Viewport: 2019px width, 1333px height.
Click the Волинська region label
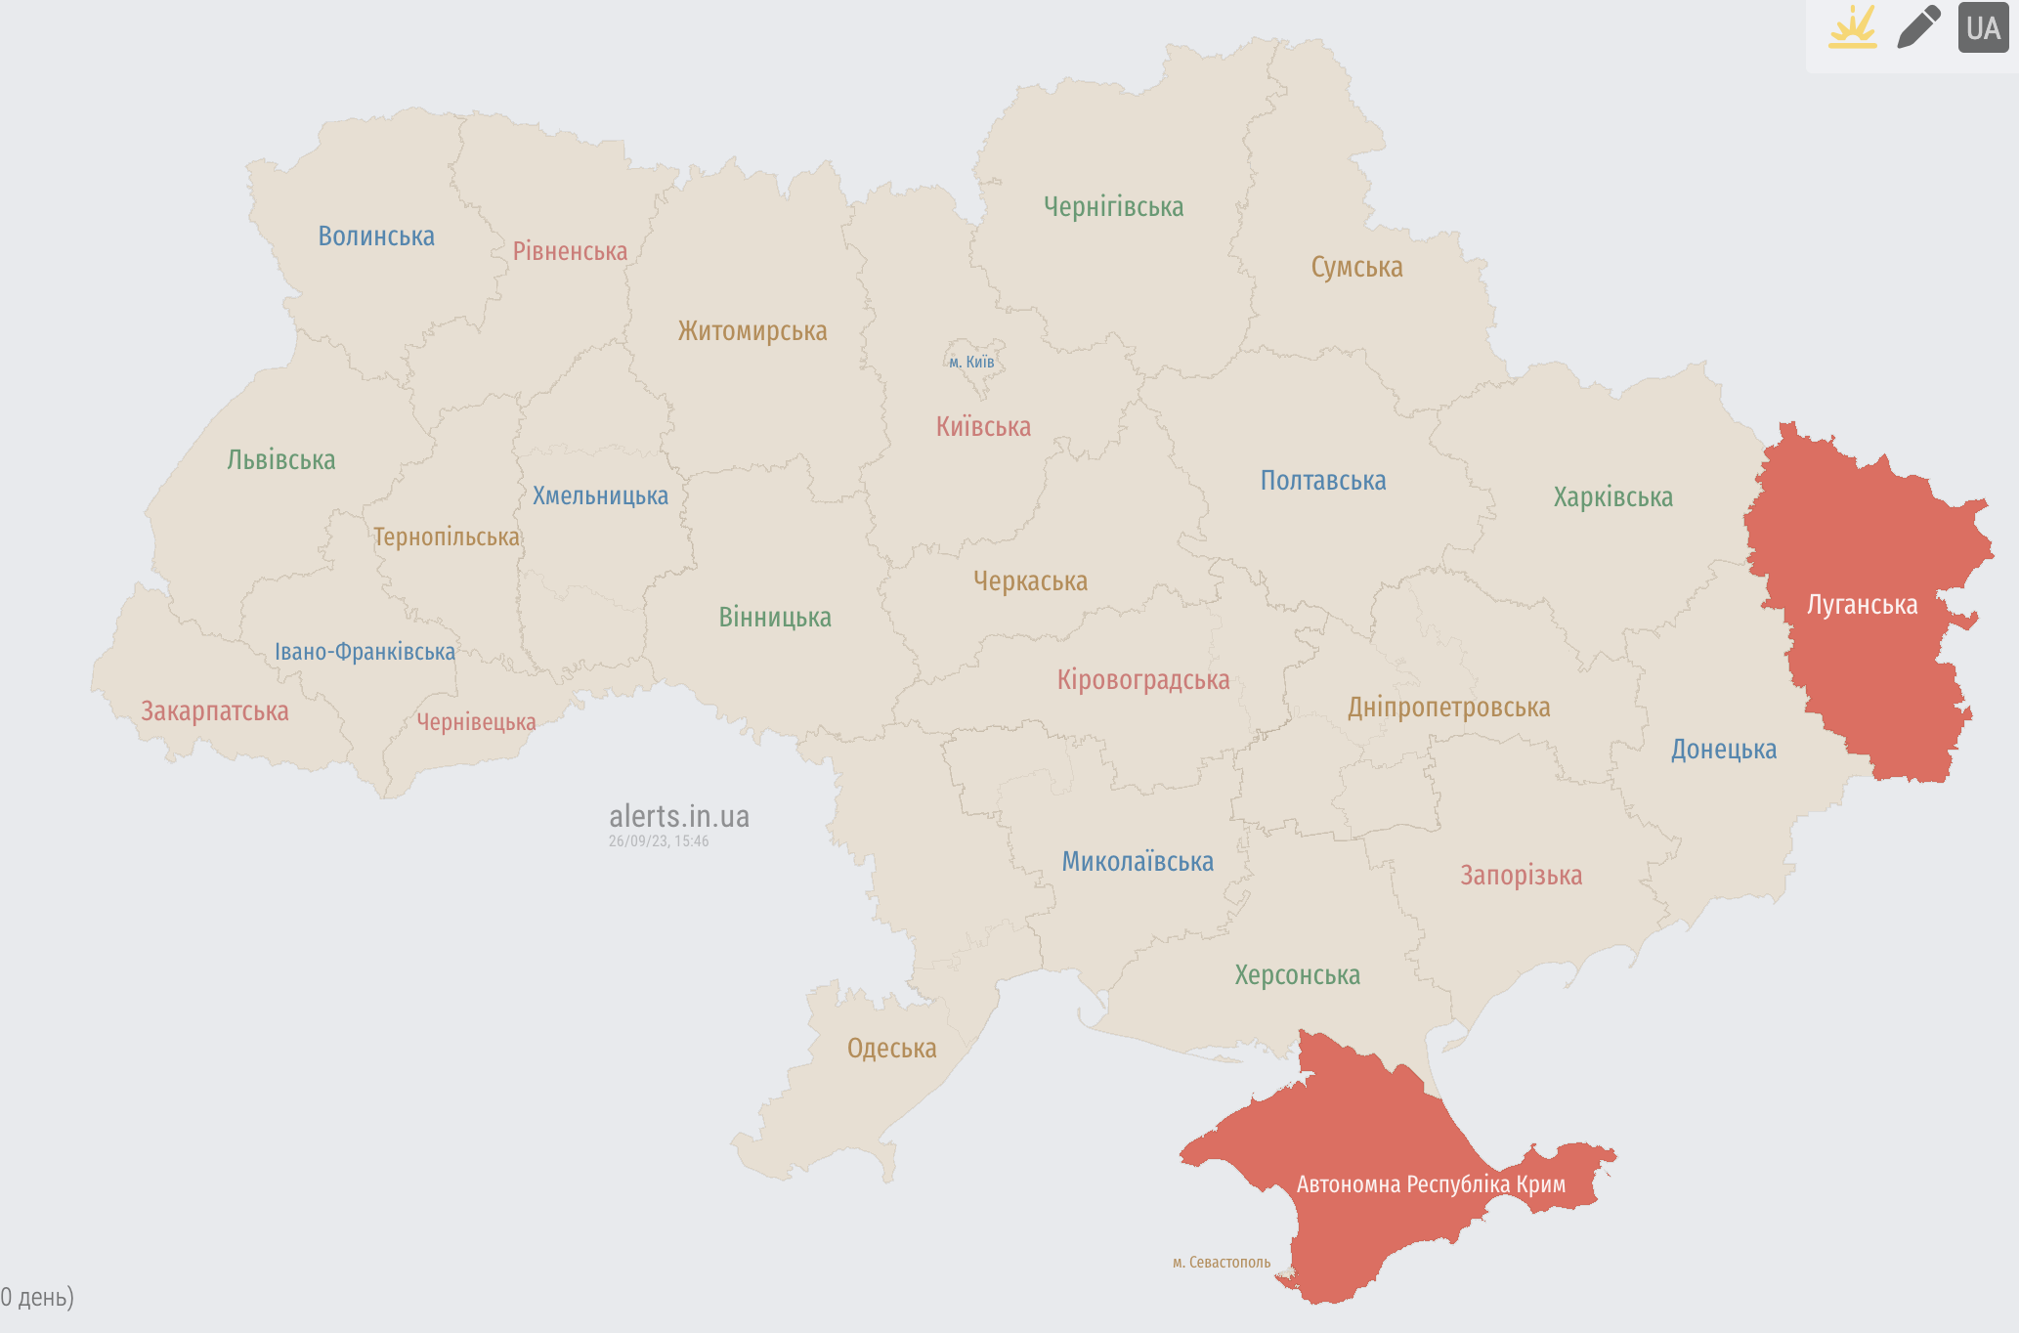(x=376, y=236)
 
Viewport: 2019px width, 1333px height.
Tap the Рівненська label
(x=570, y=252)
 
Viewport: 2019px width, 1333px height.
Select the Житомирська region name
(x=752, y=331)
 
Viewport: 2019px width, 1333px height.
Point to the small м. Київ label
(x=971, y=363)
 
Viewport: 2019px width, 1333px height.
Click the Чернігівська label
(x=1113, y=207)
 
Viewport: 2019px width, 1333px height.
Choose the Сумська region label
(x=1356, y=268)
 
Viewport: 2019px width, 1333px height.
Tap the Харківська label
(x=1612, y=497)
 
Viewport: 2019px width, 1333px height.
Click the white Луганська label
(x=1862, y=605)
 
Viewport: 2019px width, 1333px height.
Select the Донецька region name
(x=1723, y=750)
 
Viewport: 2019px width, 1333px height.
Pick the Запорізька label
(x=1521, y=876)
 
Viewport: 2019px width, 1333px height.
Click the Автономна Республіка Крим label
(x=1431, y=1184)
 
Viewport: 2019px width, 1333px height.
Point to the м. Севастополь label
(x=1222, y=1263)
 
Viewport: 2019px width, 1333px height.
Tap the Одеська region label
(x=891, y=1049)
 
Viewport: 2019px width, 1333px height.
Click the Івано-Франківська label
(x=365, y=652)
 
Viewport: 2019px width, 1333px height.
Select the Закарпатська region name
(x=215, y=711)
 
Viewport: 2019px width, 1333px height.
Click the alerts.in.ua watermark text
(x=679, y=816)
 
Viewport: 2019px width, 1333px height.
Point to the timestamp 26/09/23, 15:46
(x=659, y=841)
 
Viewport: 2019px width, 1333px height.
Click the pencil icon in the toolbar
(x=1918, y=27)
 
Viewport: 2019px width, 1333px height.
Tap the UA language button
(x=1983, y=27)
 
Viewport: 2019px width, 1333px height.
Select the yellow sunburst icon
(x=1852, y=27)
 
